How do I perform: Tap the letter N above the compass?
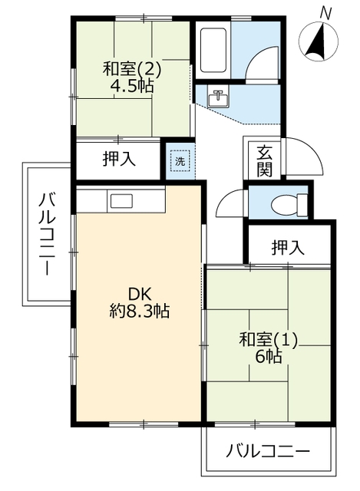[x=325, y=12]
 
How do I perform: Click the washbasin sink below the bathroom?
[x=220, y=97]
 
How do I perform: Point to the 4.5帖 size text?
[x=132, y=87]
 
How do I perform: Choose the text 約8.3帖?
[x=139, y=311]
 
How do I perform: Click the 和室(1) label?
[x=268, y=338]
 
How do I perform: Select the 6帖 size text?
[x=269, y=356]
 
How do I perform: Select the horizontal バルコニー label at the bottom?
[x=269, y=450]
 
